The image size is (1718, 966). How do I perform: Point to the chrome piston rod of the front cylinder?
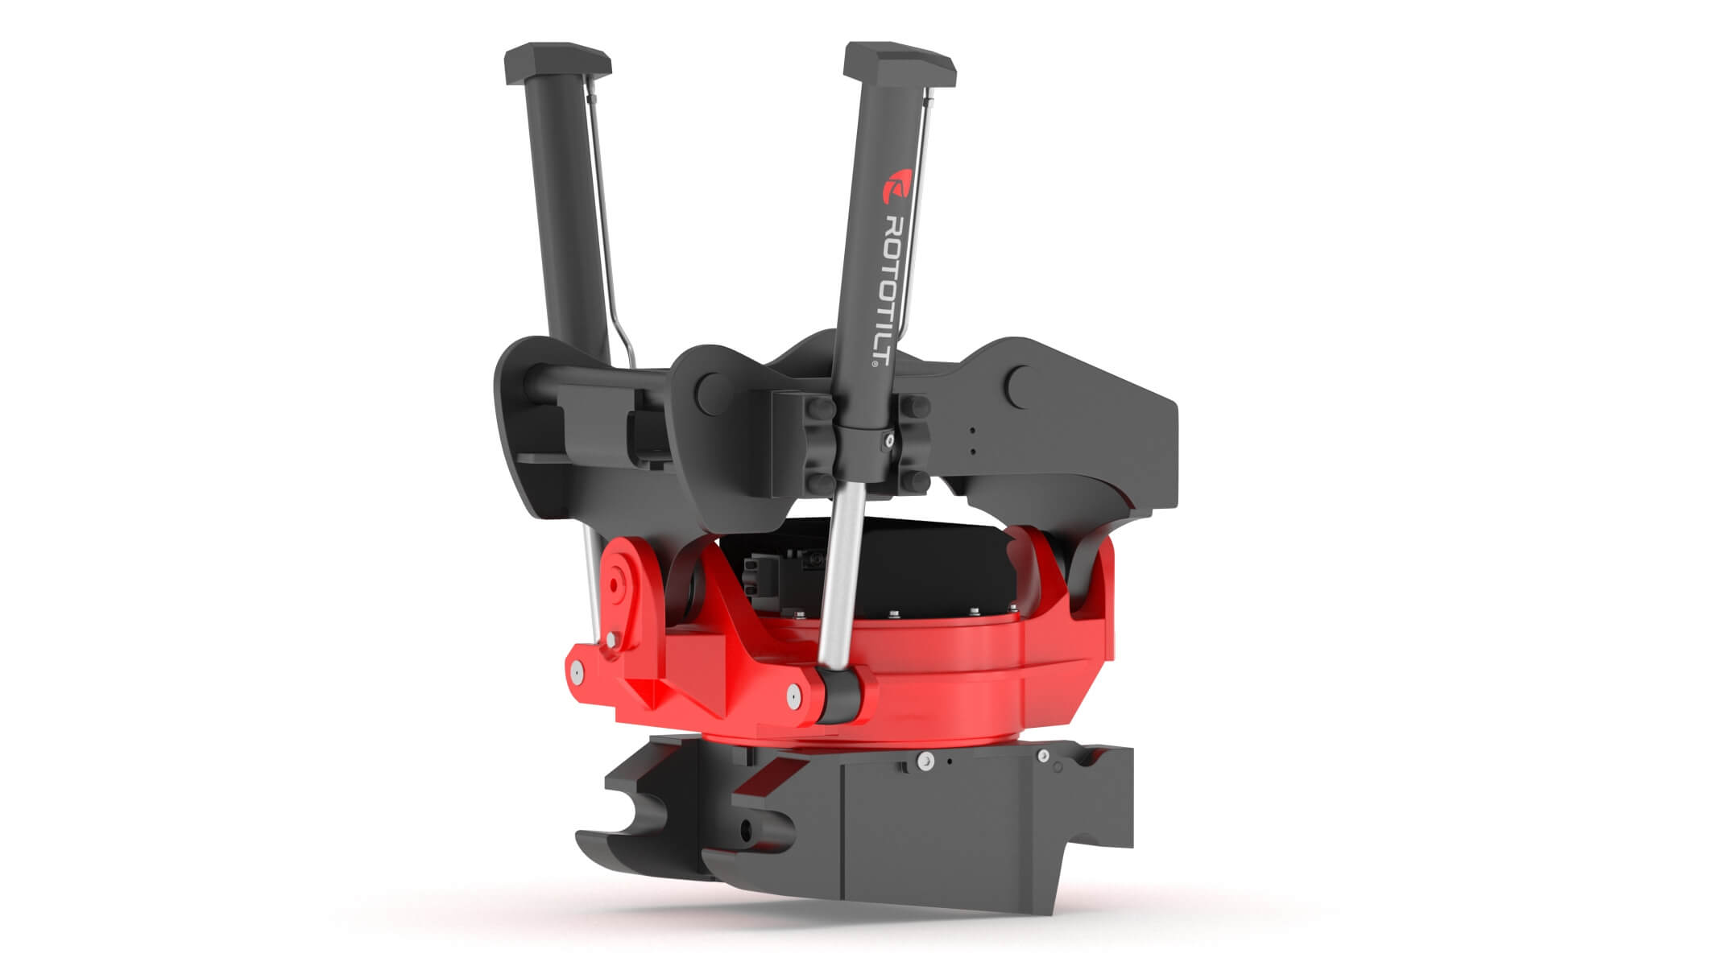[x=838, y=580]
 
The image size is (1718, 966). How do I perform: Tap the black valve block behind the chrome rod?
[x=773, y=576]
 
